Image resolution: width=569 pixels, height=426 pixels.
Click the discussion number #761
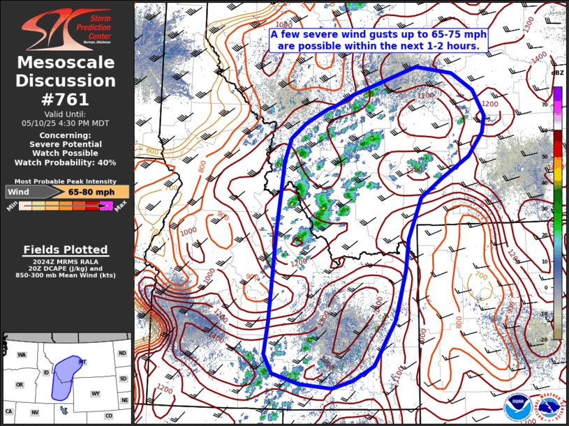66,99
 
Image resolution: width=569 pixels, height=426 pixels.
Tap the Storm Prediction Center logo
66,29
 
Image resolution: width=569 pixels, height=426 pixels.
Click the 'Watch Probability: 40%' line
66,162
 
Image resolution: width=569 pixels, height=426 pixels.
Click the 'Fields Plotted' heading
66,250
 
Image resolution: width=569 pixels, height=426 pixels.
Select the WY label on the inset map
96,394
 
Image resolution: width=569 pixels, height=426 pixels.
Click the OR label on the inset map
20,385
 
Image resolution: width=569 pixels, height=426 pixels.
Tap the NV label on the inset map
34,413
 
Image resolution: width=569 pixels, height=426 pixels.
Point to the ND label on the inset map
123,353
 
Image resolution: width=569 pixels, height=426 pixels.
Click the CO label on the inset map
108,416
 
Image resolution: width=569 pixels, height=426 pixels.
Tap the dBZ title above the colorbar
557,73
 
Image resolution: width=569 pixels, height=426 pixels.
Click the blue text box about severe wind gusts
378,40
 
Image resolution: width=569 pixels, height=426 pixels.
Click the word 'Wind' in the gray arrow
18,192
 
